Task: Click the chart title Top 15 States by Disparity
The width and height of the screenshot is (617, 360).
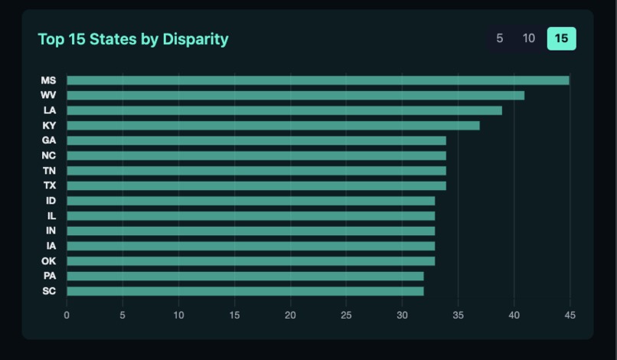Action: click(133, 39)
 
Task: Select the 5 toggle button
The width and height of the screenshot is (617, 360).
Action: click(500, 38)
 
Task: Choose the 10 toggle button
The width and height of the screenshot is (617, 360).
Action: click(528, 38)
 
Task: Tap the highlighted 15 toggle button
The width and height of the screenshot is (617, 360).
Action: click(561, 38)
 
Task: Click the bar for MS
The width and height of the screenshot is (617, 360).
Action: click(318, 80)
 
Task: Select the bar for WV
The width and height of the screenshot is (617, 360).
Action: click(295, 95)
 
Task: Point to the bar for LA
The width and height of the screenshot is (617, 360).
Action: click(284, 110)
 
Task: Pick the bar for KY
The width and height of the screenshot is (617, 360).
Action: click(273, 126)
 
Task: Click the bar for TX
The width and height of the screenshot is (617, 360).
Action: click(256, 185)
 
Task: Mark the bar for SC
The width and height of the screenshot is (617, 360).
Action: click(245, 291)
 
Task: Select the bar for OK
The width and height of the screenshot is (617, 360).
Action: click(250, 261)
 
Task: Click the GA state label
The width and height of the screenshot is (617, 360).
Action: click(49, 140)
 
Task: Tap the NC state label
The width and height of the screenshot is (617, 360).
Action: click(49, 155)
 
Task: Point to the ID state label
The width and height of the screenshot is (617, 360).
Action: click(51, 201)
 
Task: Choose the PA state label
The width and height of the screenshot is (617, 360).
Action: click(49, 276)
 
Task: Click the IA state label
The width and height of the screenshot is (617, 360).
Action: click(51, 246)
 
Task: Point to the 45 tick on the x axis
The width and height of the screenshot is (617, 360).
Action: click(570, 315)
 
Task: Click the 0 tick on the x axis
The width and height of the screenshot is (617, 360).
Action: click(67, 315)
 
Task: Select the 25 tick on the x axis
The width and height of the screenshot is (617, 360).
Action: click(346, 315)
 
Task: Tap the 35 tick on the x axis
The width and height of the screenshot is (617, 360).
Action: click(458, 315)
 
